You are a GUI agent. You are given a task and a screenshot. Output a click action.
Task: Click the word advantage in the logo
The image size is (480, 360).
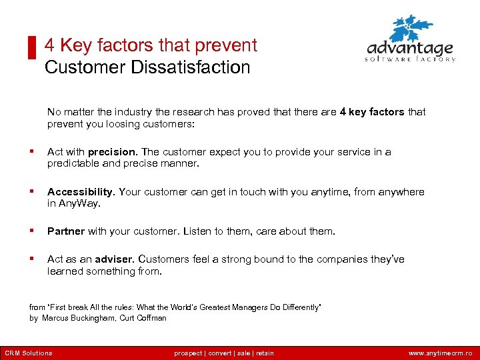point(409,49)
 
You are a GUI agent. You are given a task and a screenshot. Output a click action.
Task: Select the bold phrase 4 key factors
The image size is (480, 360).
point(371,112)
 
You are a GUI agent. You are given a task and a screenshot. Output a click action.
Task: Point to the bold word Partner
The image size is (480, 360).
point(65,231)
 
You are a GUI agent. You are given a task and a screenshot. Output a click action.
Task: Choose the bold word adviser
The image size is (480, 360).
point(115,259)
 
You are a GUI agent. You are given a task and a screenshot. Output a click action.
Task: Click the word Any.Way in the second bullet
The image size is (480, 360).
point(80,203)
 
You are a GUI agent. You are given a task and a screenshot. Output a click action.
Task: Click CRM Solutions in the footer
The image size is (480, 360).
point(28,353)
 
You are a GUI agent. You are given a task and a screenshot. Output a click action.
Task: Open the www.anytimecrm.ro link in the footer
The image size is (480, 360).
point(440,353)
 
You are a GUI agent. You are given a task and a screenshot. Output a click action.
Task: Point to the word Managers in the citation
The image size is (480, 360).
point(236,307)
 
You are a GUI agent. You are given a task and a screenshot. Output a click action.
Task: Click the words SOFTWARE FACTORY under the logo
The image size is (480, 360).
point(409,59)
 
